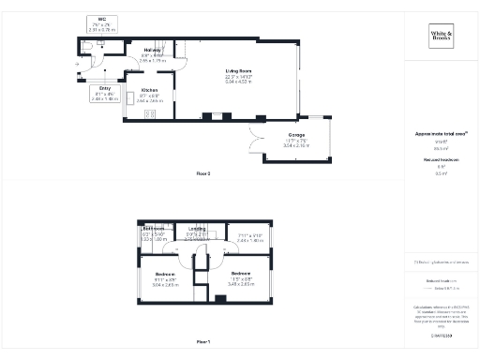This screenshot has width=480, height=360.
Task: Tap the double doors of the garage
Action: click(x=252, y=142)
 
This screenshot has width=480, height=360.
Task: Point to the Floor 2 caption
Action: click(x=202, y=173)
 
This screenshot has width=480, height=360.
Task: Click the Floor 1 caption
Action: click(x=202, y=342)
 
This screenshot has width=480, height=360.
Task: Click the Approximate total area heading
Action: click(x=441, y=134)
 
